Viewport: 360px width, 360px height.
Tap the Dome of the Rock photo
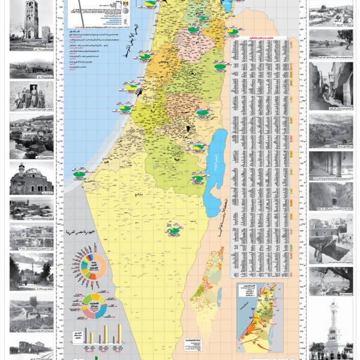click(330, 15)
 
